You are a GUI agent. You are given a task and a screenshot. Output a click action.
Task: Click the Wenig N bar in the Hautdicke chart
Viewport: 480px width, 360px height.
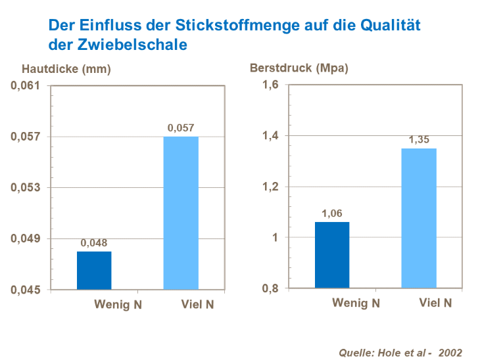coord(94,270)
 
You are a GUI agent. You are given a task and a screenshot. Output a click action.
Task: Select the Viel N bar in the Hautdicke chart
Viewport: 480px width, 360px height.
coord(181,213)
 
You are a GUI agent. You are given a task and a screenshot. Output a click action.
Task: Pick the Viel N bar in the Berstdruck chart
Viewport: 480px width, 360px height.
coord(419,218)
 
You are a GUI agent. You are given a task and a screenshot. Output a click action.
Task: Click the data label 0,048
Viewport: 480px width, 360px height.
coord(93,242)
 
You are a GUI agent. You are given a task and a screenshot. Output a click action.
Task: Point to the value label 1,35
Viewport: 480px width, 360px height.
coord(419,139)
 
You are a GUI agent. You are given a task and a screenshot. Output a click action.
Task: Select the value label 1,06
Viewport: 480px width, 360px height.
coord(332,213)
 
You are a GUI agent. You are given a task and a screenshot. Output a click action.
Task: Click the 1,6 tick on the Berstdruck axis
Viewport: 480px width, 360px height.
coord(272,85)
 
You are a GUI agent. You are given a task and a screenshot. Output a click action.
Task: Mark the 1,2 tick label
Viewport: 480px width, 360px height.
coord(272,187)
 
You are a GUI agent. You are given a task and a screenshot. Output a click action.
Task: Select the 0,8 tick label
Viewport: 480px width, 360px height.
coord(272,289)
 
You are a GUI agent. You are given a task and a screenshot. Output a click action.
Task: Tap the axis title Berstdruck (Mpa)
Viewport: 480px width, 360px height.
coord(299,68)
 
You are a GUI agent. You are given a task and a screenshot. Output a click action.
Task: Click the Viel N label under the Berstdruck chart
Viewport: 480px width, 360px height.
coord(435,304)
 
